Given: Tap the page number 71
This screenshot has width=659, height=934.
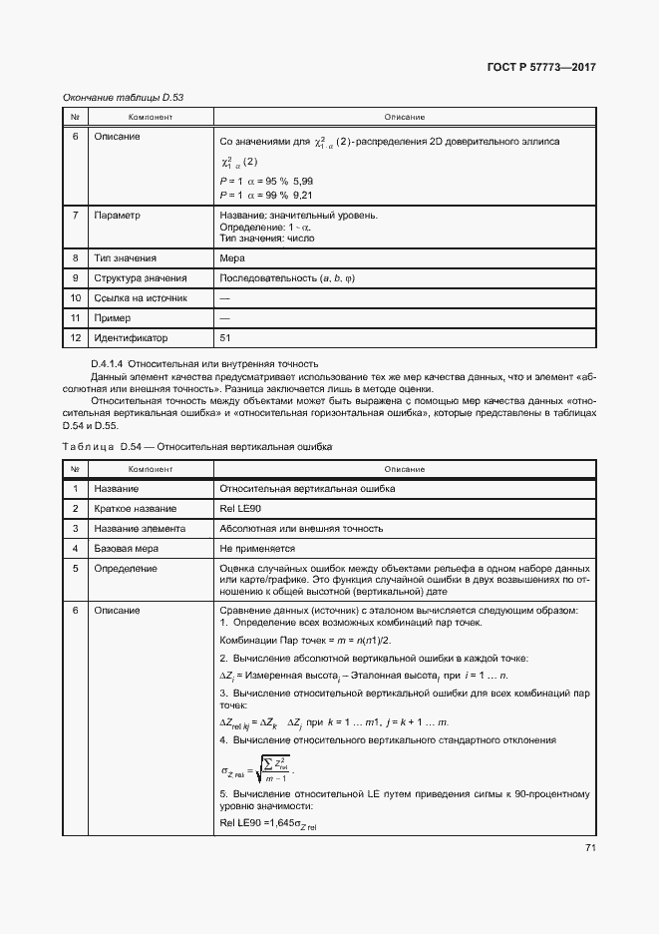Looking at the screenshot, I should pos(589,847).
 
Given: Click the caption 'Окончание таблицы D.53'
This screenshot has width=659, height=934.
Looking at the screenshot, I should pos(124,97).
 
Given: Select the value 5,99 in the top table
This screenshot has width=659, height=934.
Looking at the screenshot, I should pos(301,180).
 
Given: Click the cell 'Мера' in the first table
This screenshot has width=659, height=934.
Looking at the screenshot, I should pos(231,257).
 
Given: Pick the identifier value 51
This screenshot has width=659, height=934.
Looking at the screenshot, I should pos(225,337).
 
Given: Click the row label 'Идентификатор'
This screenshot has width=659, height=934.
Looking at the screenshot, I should pos(131,337).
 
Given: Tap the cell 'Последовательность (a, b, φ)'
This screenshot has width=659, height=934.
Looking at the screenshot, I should pos(286,277).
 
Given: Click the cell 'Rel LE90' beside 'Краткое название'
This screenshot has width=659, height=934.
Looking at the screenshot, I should pos(238,509).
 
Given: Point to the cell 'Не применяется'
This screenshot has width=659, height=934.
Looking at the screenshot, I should pos(257,548).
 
